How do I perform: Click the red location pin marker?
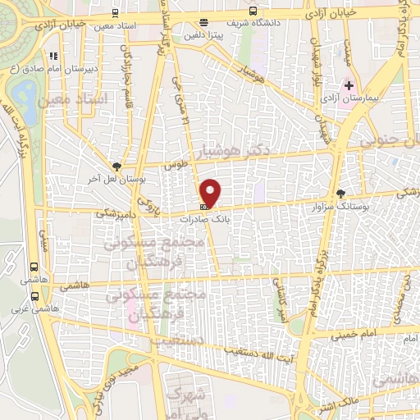click(x=212, y=192)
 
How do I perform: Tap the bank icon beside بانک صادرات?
click(x=203, y=207)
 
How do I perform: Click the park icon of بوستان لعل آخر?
click(x=117, y=165)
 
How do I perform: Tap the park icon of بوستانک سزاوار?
click(x=340, y=194)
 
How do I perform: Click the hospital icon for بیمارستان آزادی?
click(x=349, y=85)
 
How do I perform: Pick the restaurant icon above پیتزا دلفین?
click(x=203, y=23)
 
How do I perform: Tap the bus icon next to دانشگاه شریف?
click(x=253, y=12)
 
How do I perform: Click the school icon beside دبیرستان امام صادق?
click(x=54, y=57)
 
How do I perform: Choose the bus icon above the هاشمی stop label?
click(x=34, y=267)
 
